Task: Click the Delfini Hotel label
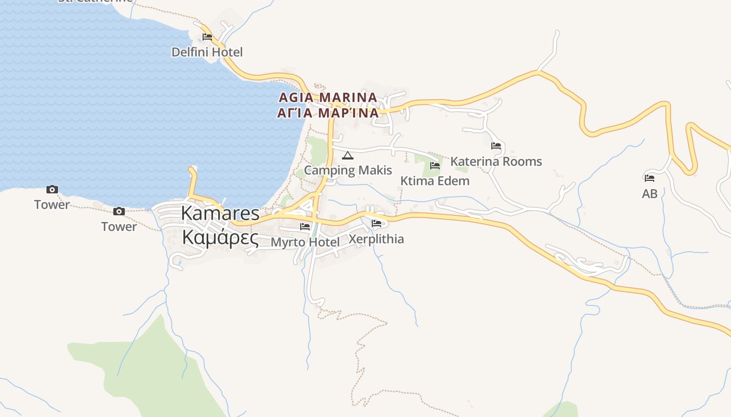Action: tap(207, 52)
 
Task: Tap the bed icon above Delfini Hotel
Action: tap(207, 37)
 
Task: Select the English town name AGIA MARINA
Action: tap(328, 97)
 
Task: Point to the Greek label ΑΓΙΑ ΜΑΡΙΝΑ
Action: tap(328, 113)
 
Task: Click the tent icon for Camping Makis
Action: tap(347, 155)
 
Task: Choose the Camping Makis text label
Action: tap(348, 170)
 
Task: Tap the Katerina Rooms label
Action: tap(496, 162)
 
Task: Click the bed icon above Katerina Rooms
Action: tap(496, 146)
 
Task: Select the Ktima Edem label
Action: tap(435, 181)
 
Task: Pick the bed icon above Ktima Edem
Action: tap(435, 166)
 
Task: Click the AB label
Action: tap(650, 193)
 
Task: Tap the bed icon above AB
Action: tap(650, 178)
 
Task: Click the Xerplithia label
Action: tap(376, 239)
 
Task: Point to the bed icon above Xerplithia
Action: tap(376, 224)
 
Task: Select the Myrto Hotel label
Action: tap(305, 242)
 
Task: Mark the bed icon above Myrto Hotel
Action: tap(305, 227)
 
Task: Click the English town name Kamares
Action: tap(220, 213)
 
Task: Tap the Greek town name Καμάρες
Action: tap(220, 238)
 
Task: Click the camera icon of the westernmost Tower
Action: tap(52, 190)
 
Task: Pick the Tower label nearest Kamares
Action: tap(119, 227)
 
